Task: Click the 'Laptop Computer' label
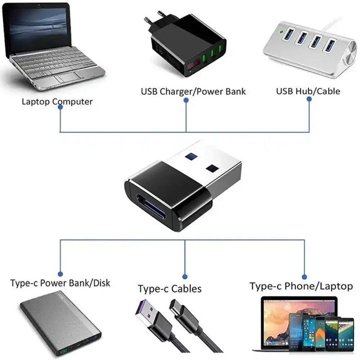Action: (57, 101)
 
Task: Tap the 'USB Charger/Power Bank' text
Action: (193, 91)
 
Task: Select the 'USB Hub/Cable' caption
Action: (308, 91)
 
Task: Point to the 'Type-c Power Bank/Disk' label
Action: (60, 283)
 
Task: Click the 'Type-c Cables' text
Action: (170, 288)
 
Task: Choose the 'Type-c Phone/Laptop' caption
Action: (301, 286)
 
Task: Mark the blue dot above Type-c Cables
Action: (185, 276)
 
